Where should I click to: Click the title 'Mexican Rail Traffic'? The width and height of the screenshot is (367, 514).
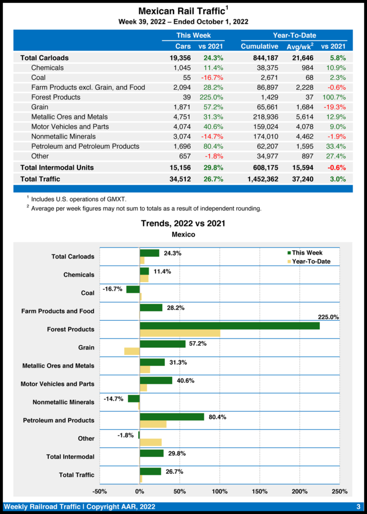click(x=181, y=11)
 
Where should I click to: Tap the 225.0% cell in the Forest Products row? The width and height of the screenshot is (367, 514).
click(x=211, y=97)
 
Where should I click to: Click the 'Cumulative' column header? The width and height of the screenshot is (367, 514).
click(x=260, y=46)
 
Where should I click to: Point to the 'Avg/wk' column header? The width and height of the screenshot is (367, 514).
click(x=300, y=46)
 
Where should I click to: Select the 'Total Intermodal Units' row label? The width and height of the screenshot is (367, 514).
click(x=57, y=167)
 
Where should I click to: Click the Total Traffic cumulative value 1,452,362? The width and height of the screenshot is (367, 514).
click(x=260, y=179)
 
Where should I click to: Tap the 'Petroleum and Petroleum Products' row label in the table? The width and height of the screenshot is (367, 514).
click(x=85, y=146)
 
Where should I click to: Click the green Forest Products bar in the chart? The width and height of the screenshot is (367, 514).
click(x=229, y=325)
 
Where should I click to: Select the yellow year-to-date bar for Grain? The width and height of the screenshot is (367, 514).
click(x=132, y=351)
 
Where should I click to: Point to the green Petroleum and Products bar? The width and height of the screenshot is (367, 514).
click(x=172, y=416)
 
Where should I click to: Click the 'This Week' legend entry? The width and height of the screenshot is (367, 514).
click(x=307, y=253)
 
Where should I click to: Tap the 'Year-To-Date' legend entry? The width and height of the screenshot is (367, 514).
click(x=311, y=261)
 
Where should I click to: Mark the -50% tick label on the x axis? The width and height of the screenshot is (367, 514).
click(x=99, y=491)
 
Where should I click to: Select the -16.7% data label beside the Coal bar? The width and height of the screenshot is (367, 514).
click(x=112, y=290)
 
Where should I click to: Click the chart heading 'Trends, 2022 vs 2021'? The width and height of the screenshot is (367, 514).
click(x=183, y=223)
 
